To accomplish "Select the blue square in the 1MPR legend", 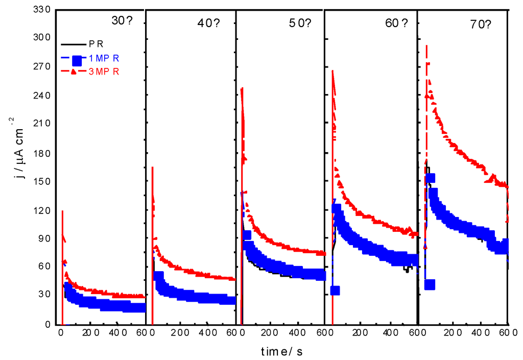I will point(76,58).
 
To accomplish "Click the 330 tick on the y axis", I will point(42,9).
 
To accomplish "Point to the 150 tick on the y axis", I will point(42,182).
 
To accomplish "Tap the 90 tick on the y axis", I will point(44,238).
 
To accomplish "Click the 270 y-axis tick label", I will point(42,67).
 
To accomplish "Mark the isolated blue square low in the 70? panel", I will point(430,284).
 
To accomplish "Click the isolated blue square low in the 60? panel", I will point(335,291).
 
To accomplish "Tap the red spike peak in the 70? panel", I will point(426,46).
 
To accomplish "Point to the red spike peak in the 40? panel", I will point(152,167).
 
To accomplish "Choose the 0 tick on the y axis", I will point(48,324).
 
